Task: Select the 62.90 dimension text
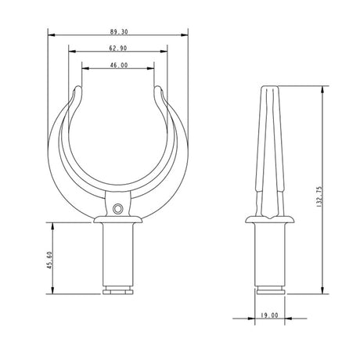pos(118,48)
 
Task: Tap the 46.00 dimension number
pos(118,65)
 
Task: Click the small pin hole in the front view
pos(117,208)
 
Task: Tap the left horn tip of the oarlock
pos(77,91)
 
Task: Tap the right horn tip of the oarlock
pos(160,91)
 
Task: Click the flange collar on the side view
pos(271,220)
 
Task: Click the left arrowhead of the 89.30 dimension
pos(50,34)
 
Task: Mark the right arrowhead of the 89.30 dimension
pos(186,34)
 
